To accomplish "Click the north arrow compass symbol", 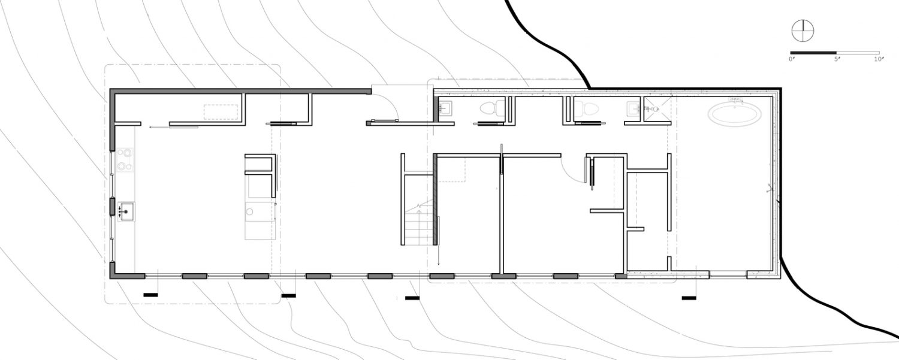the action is [x=803, y=31].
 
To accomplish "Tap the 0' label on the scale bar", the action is [x=792, y=59].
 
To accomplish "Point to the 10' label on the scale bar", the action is [x=879, y=59].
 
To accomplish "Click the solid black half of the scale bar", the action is [x=813, y=53].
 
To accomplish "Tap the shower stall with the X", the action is [x=657, y=109].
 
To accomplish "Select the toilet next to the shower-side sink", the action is [x=586, y=108].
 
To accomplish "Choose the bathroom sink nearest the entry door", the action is [x=445, y=108].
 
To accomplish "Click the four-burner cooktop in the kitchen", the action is [x=125, y=160].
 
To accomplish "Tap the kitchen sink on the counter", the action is [x=126, y=211].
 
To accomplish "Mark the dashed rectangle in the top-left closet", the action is [x=221, y=111].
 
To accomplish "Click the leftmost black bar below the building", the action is [x=150, y=295].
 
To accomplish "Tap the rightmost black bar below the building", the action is [x=689, y=298].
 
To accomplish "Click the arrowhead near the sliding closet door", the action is [x=150, y=127].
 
